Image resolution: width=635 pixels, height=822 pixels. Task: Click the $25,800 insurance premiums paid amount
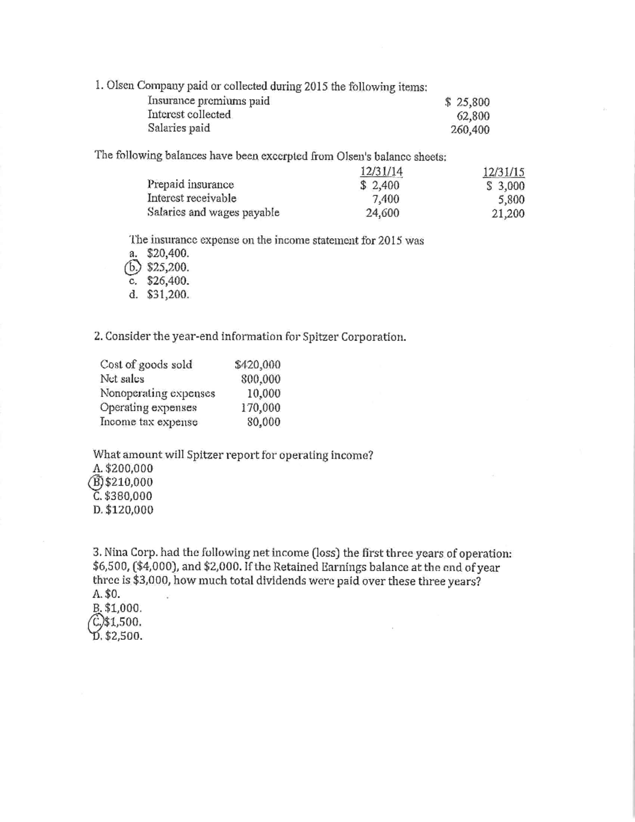point(467,102)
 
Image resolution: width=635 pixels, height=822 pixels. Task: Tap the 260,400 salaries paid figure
point(470,130)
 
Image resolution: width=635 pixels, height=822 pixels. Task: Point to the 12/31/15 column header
point(504,171)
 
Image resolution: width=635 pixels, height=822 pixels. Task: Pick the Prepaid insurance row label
point(190,185)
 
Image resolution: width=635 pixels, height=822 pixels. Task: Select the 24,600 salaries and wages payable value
point(383,213)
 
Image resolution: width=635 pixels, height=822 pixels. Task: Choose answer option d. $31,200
point(159,295)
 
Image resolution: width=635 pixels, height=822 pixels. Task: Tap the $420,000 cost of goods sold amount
point(257,365)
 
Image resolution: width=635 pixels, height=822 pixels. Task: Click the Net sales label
point(122,379)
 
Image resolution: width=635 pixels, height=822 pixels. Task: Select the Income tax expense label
point(149,422)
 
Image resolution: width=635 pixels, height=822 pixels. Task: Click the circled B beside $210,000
point(98,482)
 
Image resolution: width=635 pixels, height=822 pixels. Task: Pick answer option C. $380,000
point(122,496)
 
